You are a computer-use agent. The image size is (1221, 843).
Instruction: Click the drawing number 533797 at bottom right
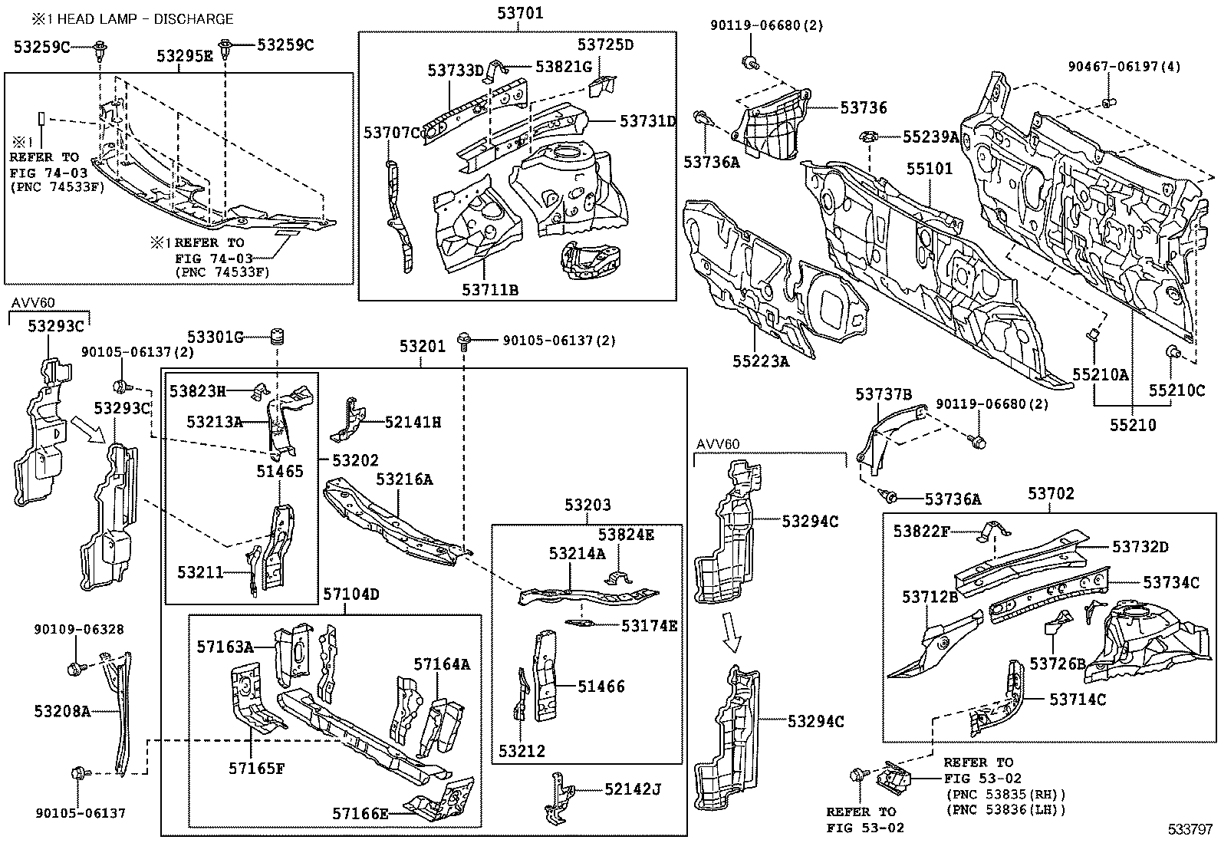click(x=1191, y=830)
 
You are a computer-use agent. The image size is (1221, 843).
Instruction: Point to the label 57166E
click(x=360, y=813)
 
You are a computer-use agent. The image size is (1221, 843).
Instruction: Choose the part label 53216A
click(x=404, y=479)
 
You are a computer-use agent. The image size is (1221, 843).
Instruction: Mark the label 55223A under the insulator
click(x=760, y=361)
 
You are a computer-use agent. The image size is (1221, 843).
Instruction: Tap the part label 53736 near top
click(x=863, y=108)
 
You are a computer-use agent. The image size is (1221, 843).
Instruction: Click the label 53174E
click(x=649, y=626)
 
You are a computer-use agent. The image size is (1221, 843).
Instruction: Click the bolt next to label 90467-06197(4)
click(x=1107, y=102)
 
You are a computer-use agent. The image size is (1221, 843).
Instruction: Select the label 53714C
click(x=1078, y=699)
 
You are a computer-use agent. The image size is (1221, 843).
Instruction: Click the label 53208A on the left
click(x=62, y=712)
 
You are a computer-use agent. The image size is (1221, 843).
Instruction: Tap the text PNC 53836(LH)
click(x=1006, y=809)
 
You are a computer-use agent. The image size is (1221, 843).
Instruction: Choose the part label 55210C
click(x=1176, y=390)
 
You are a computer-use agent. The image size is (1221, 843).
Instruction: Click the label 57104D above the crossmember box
click(x=351, y=594)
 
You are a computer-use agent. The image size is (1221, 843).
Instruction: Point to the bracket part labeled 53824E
click(x=619, y=577)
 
